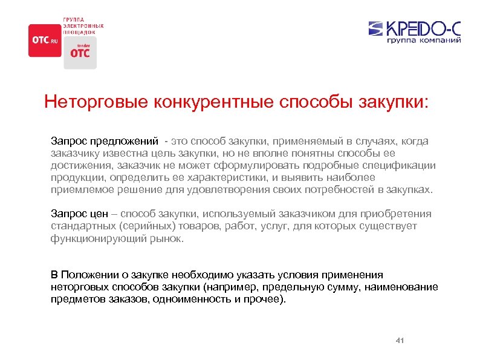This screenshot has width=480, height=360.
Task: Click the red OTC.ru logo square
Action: [44, 41]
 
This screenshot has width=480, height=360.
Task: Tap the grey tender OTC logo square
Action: [80, 52]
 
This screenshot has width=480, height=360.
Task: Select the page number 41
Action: [399, 341]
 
